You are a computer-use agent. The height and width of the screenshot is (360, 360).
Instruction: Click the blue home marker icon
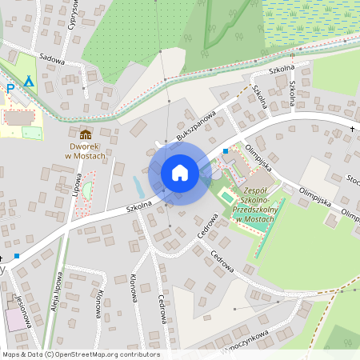pyautogui.click(x=179, y=173)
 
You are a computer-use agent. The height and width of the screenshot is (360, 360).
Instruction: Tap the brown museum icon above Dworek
pyautogui.click(x=86, y=133)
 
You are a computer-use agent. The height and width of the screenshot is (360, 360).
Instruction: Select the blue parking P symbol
pyautogui.click(x=10, y=89)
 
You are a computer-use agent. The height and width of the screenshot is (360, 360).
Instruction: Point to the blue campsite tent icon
pyautogui.click(x=30, y=81)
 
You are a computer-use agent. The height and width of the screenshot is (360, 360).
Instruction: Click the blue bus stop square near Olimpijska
pyautogui.click(x=226, y=150)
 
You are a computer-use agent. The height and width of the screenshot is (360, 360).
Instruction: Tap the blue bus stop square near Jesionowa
pyautogui.click(x=17, y=256)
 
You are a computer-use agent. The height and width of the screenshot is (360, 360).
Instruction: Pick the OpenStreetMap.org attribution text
pyautogui.click(x=80, y=354)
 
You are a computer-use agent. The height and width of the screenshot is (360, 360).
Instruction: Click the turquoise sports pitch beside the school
pyautogui.click(x=226, y=196)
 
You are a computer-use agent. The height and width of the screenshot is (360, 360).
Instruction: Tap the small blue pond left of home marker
pyautogui.click(x=138, y=187)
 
